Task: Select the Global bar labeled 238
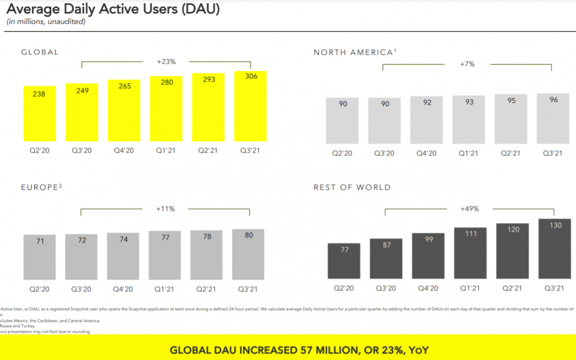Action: [x=39, y=115]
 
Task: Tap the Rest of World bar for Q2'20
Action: [x=345, y=261]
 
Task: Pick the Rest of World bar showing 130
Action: [x=555, y=249]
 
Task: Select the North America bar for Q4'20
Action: [x=427, y=120]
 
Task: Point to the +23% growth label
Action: [x=166, y=62]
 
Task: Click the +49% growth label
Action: [x=469, y=209]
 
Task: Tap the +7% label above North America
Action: [x=467, y=64]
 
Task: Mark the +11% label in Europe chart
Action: [x=165, y=209]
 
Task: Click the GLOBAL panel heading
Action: [x=40, y=52]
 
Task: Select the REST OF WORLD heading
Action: [x=352, y=187]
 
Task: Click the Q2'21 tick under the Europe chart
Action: [x=206, y=289]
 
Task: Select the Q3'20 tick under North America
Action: [x=384, y=153]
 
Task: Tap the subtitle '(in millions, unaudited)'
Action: [x=46, y=22]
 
